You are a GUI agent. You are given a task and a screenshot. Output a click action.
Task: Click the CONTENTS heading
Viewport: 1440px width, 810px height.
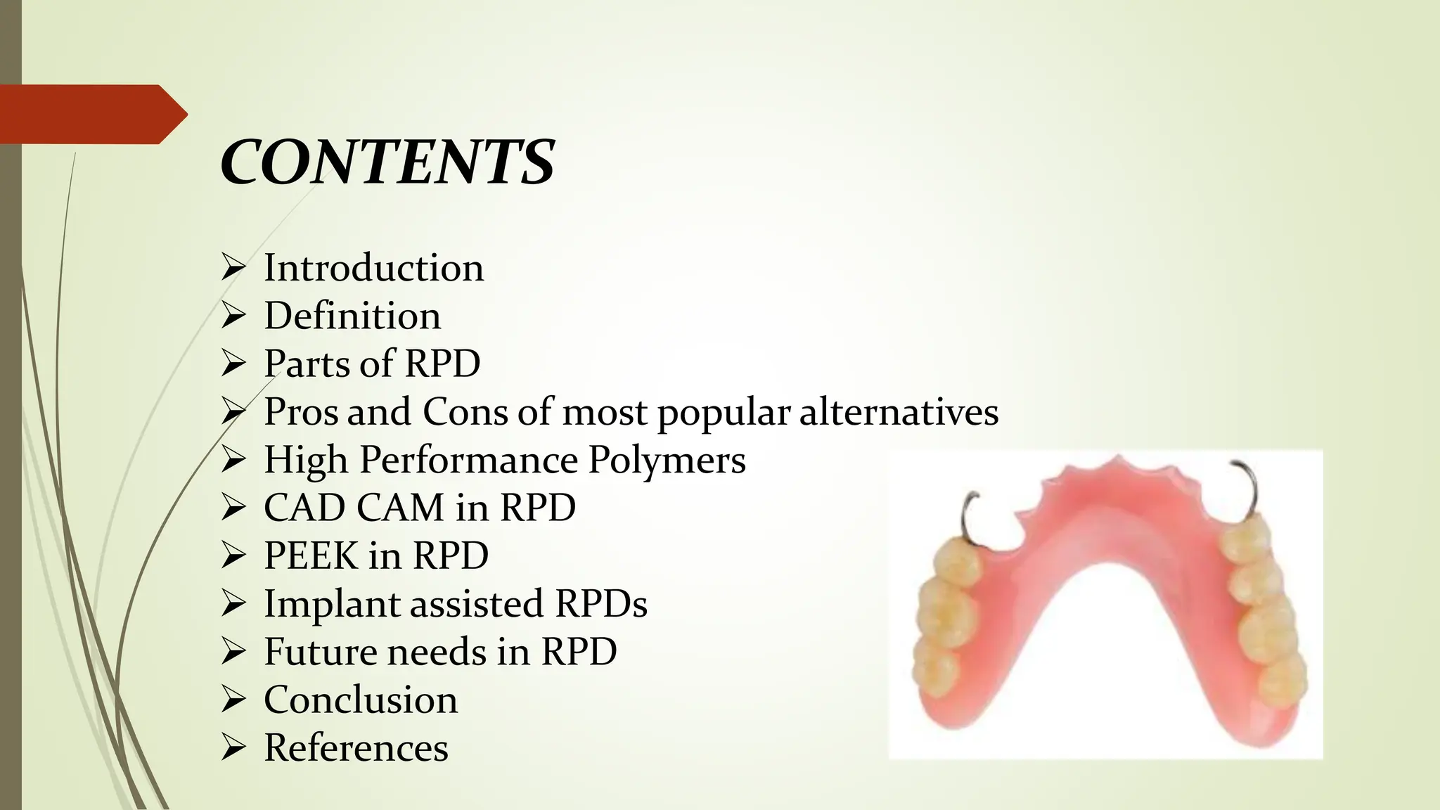tap(387, 162)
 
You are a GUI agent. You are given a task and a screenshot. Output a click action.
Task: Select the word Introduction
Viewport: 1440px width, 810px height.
tap(373, 268)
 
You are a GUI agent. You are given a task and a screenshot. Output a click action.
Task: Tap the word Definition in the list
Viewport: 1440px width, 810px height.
tap(352, 316)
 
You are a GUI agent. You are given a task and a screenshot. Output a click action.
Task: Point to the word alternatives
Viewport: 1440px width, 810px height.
tap(899, 412)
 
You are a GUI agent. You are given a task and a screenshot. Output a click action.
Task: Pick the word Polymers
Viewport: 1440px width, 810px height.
tap(667, 460)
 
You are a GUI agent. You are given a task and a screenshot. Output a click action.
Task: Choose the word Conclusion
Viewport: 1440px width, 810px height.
tap(361, 700)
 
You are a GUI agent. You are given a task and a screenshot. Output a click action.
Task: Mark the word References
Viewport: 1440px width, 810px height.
tap(356, 747)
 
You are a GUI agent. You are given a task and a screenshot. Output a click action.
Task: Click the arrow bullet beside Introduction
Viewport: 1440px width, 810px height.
tap(233, 269)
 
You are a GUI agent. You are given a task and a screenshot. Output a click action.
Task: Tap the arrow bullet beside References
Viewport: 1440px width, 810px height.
tap(233, 748)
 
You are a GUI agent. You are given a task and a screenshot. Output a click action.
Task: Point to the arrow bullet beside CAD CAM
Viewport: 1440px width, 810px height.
tap(233, 508)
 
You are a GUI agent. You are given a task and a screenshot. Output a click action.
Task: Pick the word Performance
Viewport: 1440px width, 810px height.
tap(468, 460)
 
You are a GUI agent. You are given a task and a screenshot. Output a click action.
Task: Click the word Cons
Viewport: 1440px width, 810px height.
tap(465, 412)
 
